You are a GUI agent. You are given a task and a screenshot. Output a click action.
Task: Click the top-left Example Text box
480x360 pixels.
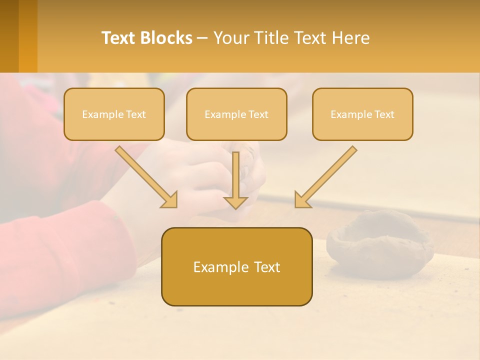pos(114,114)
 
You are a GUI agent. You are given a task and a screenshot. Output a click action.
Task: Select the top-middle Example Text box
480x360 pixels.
pos(236,114)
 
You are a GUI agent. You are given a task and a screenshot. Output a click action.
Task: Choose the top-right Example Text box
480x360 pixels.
pos(362,114)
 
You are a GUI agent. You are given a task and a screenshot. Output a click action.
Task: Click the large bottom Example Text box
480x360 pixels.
pos(236,266)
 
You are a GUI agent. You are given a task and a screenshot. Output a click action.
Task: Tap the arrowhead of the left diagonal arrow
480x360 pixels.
pos(170,200)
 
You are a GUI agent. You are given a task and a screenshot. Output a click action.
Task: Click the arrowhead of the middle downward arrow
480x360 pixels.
pos(235,202)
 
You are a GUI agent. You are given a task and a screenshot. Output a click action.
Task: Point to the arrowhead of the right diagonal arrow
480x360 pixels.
pos(302,200)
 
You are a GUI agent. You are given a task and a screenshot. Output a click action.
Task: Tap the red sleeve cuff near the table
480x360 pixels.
pos(107,220)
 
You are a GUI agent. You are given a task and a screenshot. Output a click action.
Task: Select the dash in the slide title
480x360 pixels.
pos(202,38)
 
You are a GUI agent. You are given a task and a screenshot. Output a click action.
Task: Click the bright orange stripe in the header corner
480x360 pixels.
pos(28,36)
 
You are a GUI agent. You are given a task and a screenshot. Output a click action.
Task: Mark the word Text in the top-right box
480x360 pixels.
pos(384,114)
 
